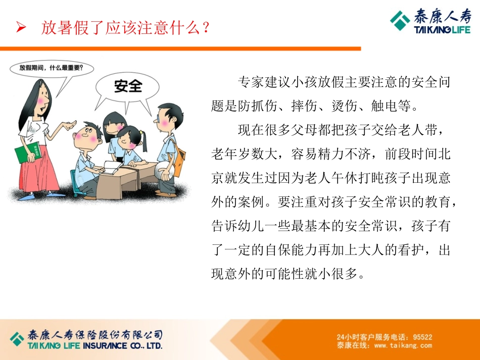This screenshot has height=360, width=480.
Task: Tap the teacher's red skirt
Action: click(x=38, y=172)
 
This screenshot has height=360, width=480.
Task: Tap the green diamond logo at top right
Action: click(x=400, y=21)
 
